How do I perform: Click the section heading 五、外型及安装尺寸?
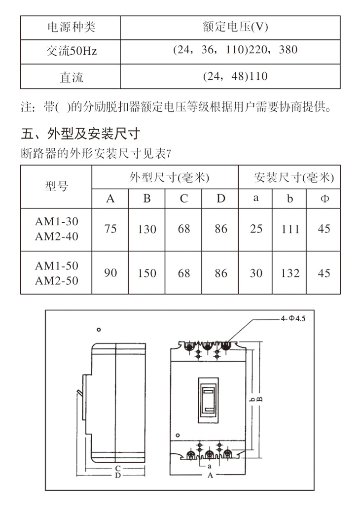[80, 133]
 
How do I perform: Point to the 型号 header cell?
[56, 186]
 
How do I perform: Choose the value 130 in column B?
[147, 229]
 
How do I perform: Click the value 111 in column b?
[290, 229]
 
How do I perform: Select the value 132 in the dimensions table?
[290, 273]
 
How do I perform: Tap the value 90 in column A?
[110, 273]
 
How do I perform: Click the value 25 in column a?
[256, 229]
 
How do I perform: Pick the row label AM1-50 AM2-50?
[56, 273]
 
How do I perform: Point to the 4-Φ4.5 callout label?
[293, 318]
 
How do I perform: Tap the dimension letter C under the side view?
[118, 468]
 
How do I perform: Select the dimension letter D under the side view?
[118, 475]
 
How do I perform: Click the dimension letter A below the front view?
[210, 475]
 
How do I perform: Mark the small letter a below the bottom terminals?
[209, 467]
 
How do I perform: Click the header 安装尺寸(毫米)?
[294, 177]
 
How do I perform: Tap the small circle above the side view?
[99, 330]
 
